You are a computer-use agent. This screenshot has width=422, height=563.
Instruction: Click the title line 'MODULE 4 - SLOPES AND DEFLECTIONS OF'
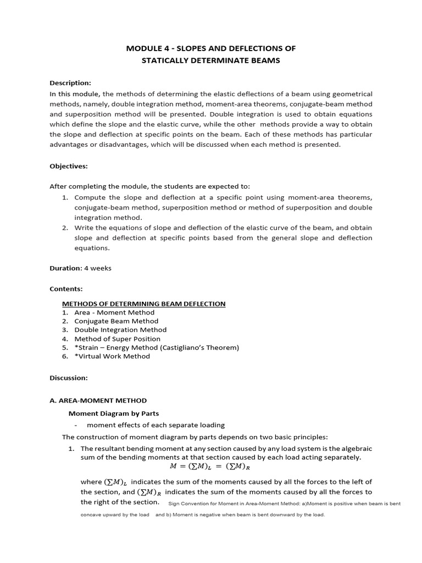(211, 49)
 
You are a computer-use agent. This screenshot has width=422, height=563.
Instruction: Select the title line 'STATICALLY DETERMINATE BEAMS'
(211, 60)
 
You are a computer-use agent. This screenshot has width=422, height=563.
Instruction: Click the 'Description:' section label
(70, 83)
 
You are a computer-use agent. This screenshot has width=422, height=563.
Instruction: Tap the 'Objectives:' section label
(69, 165)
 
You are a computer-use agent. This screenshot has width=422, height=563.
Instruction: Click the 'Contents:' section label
(66, 289)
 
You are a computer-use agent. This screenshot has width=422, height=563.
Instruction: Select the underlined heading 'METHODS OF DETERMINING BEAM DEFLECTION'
(143, 303)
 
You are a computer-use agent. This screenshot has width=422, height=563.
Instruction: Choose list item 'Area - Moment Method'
(114, 312)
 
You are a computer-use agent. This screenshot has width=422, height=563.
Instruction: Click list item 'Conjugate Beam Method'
(116, 321)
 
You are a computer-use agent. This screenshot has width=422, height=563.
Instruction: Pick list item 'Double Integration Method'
(120, 330)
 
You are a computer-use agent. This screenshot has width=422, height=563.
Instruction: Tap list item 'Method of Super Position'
(117, 339)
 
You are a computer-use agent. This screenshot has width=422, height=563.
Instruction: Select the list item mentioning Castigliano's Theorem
(157, 347)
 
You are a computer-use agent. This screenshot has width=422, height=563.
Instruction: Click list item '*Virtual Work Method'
(112, 356)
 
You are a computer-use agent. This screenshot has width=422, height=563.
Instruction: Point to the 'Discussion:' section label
(69, 378)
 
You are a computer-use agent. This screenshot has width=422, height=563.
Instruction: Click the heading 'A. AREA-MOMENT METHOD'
(98, 401)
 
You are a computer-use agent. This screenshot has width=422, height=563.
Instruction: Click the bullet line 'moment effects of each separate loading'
(156, 425)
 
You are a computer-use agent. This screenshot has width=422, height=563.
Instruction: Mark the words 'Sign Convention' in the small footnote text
(185, 504)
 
